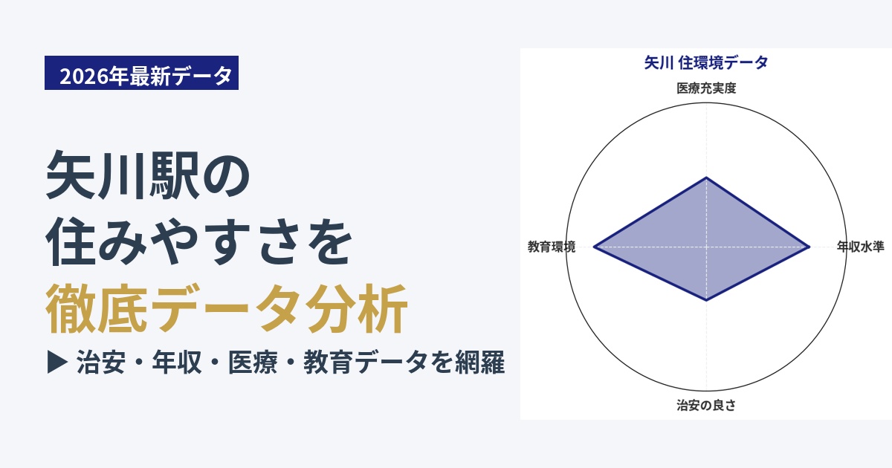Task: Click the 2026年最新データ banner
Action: [141, 73]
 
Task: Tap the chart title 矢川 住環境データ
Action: [706, 63]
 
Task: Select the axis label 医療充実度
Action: [706, 88]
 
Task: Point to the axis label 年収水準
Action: [861, 247]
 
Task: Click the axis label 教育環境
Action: [552, 247]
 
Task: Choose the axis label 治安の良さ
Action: [706, 405]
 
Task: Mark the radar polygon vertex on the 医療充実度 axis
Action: [706, 177]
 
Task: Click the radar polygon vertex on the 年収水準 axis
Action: [809, 247]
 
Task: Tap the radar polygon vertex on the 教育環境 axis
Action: [594, 247]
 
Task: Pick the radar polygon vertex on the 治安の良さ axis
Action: [706, 300]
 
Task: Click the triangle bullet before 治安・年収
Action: [57, 362]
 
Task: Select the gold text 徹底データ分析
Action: [226, 308]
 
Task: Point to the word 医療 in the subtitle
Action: [253, 363]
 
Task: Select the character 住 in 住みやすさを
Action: [71, 241]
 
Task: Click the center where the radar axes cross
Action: [706, 247]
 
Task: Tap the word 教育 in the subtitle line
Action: [329, 363]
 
